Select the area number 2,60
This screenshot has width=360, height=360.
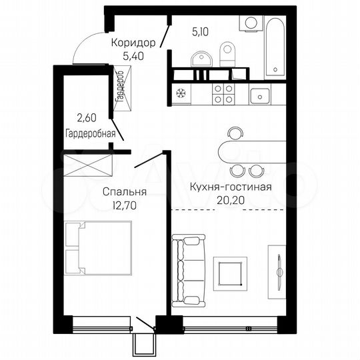pyautogui.click(x=85, y=118)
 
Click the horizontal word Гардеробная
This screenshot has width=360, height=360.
pyautogui.click(x=90, y=133)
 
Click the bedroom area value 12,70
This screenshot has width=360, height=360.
pyautogui.click(x=124, y=205)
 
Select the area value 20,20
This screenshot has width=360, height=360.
pyautogui.click(x=229, y=199)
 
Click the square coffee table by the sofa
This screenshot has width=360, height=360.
pyautogui.click(x=230, y=273)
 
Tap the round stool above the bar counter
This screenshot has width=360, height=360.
pyautogui.click(x=231, y=131)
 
